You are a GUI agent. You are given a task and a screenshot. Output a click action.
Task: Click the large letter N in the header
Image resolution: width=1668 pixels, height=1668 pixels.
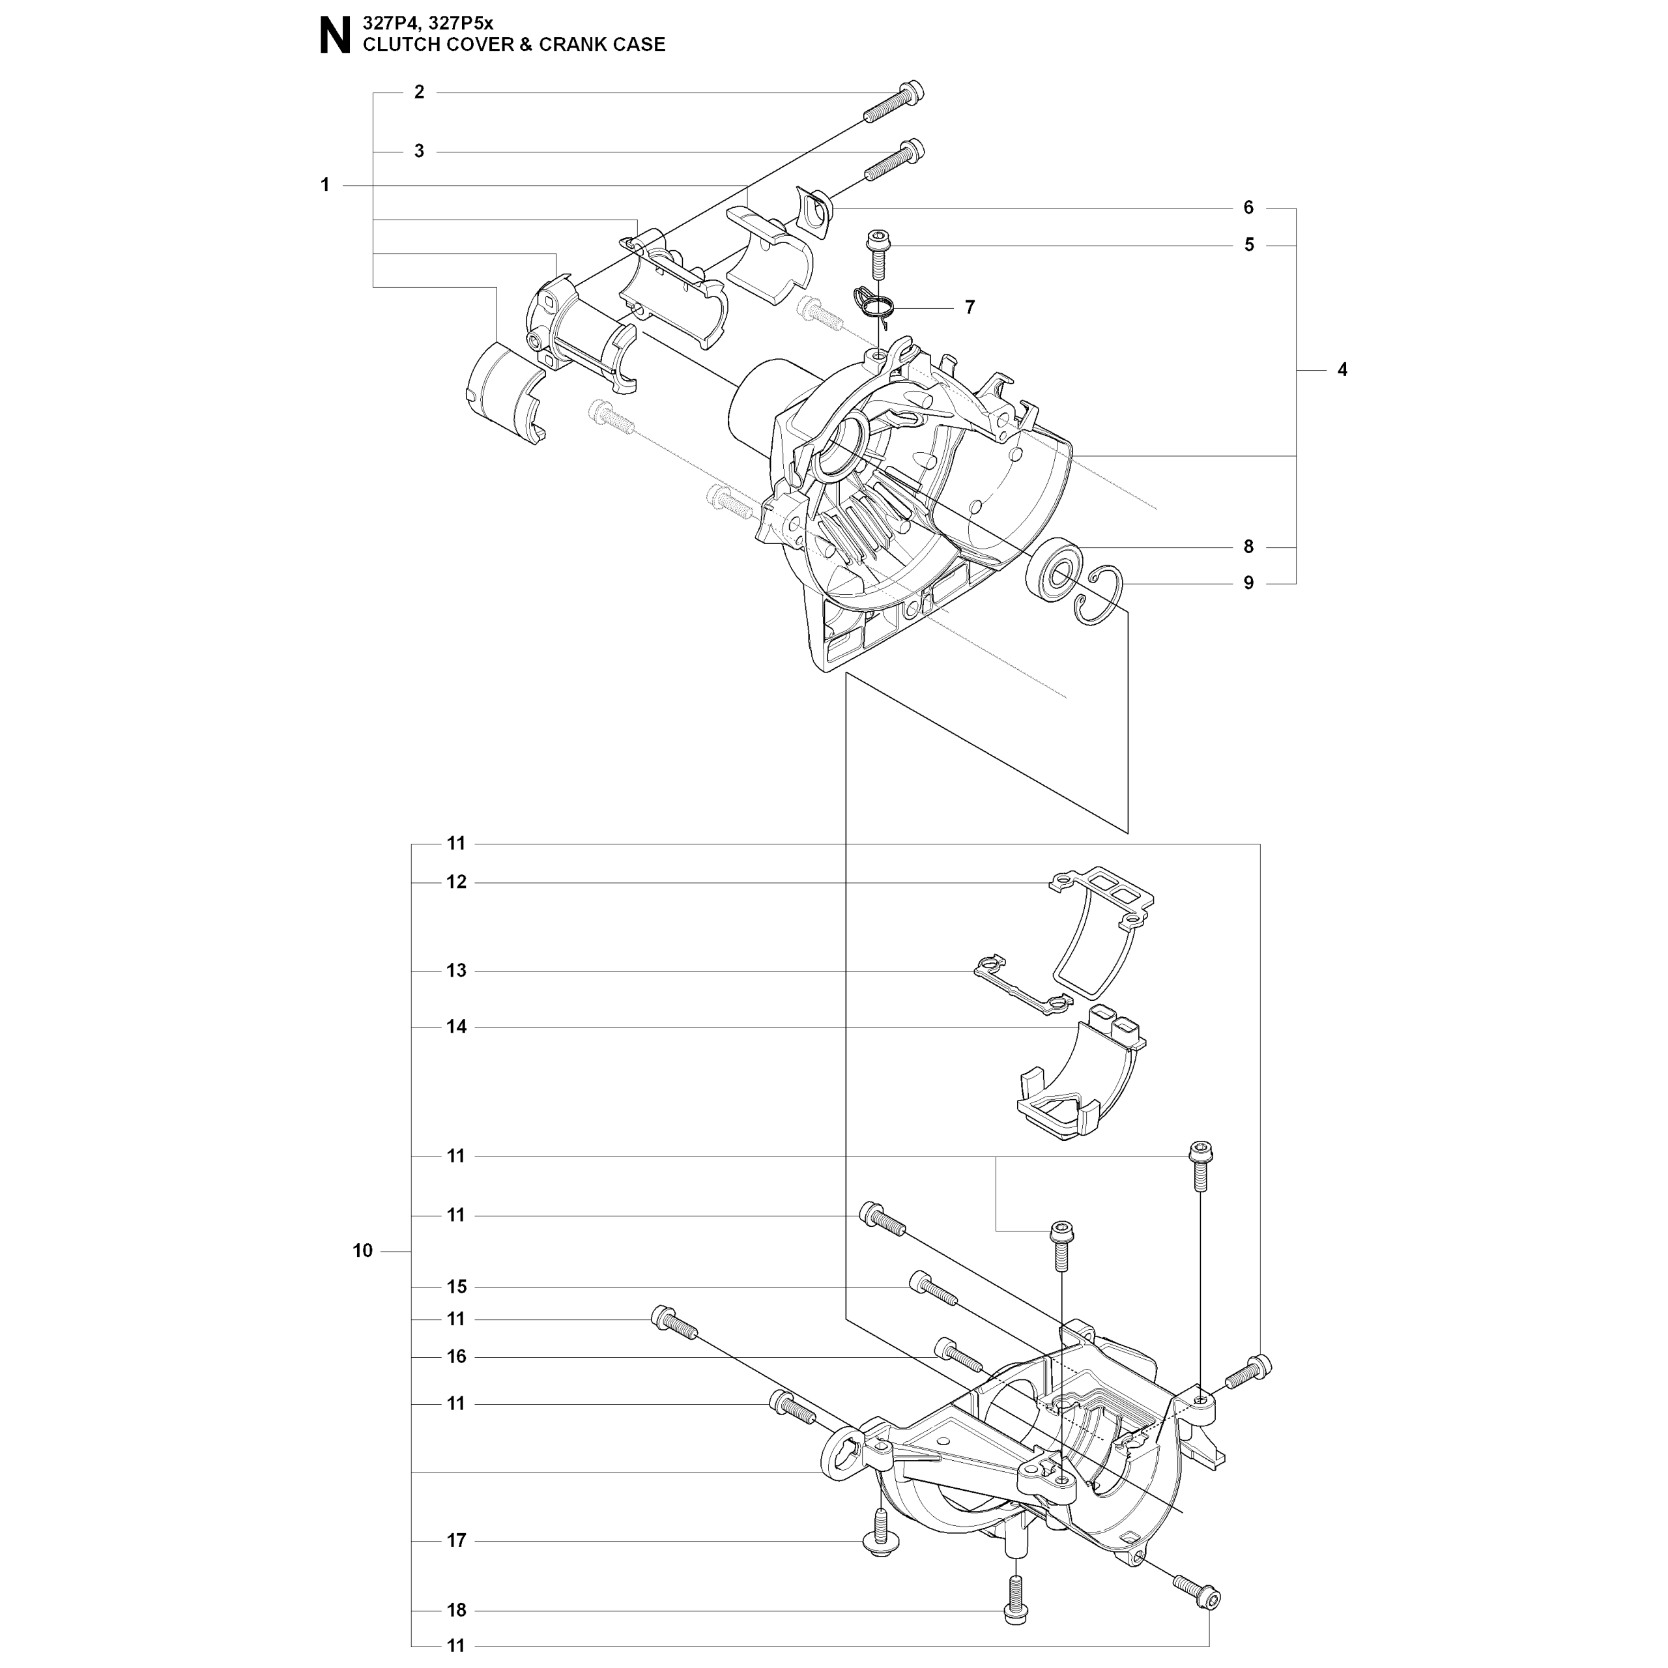[335, 37]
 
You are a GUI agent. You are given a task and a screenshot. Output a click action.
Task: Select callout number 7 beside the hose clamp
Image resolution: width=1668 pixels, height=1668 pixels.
[970, 308]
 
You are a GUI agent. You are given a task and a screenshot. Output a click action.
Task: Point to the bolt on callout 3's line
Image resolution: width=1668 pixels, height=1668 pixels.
[893, 160]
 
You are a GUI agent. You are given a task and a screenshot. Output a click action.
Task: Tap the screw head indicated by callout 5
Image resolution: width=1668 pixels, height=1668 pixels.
[878, 242]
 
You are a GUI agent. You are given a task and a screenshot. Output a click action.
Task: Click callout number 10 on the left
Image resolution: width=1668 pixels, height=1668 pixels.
[363, 1251]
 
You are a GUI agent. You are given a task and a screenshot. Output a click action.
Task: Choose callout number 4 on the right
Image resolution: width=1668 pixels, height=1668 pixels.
[1342, 369]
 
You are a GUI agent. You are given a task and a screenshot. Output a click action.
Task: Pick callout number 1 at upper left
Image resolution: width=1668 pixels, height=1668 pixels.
[326, 185]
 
